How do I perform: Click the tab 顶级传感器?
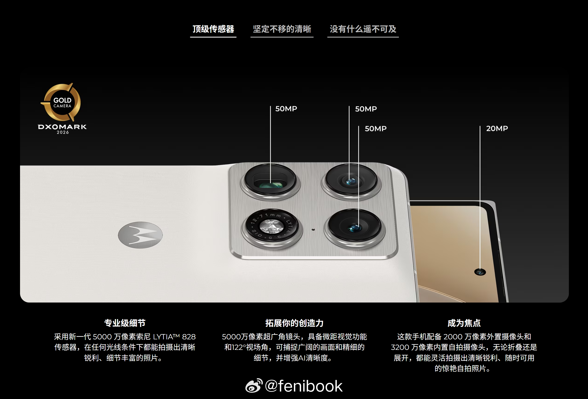pos(213,29)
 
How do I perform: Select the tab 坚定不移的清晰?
pos(282,29)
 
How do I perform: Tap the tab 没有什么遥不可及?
pos(363,29)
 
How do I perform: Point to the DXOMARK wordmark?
pos(62,127)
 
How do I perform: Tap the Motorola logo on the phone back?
pos(140,235)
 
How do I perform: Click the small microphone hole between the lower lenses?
pos(313,230)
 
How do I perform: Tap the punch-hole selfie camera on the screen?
pos(480,272)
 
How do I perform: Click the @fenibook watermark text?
pos(304,386)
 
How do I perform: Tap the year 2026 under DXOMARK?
pos(63,132)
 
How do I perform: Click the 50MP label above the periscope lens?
pos(286,109)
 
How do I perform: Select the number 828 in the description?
pos(189,337)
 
